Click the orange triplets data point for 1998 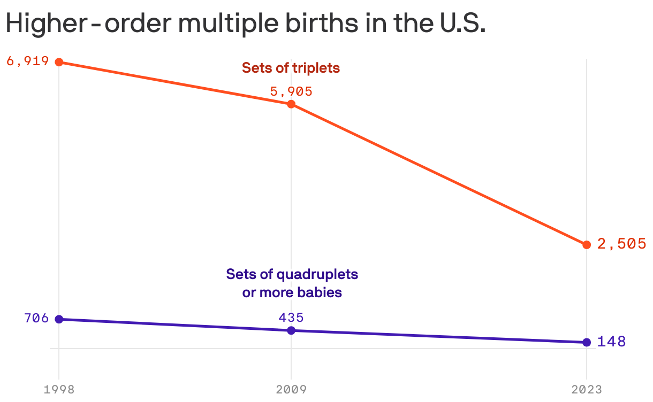tap(59, 62)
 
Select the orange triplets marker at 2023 tap(587, 244)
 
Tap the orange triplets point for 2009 tap(291, 104)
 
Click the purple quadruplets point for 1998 tap(59, 319)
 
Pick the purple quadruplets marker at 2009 tap(291, 330)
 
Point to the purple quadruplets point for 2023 tap(587, 342)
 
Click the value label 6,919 tap(28, 61)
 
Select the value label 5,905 tap(291, 91)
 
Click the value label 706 tap(36, 318)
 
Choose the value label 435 tap(291, 317)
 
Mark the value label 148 tap(611, 342)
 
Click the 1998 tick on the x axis tap(59, 389)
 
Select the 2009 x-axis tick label tap(291, 389)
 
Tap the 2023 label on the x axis tap(587, 389)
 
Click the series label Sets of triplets tap(291, 68)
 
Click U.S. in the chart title tap(460, 24)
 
